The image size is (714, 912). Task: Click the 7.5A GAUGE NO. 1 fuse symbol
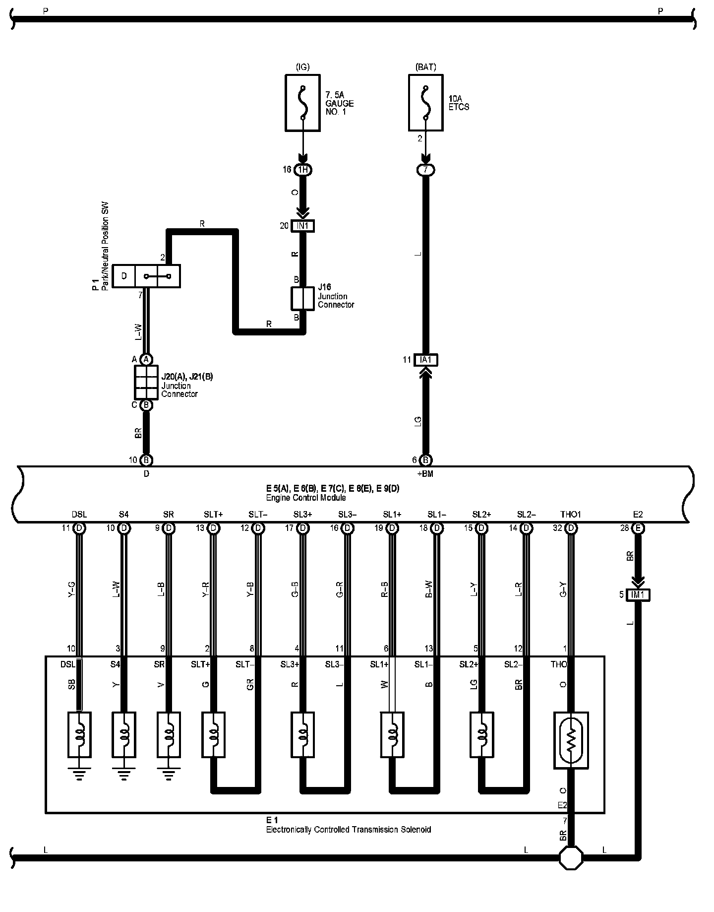point(302,103)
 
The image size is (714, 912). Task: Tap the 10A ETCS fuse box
point(425,103)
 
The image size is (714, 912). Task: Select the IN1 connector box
point(302,226)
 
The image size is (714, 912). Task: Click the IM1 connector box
point(638,594)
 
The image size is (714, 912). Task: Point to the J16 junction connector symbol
point(302,298)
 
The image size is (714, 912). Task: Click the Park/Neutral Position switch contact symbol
point(157,276)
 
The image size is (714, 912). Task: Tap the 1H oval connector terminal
point(302,170)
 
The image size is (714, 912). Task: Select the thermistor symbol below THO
point(571,740)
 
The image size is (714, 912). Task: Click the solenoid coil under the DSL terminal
point(79,734)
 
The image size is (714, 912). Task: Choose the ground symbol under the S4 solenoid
point(124,775)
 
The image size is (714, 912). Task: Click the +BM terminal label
point(425,474)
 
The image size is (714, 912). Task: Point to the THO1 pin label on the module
point(571,515)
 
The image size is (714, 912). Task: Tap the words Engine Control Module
point(306,497)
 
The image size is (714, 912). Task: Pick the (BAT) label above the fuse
point(425,67)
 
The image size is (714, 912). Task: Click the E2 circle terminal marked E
point(638,528)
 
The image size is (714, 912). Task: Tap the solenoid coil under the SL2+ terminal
point(481,734)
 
